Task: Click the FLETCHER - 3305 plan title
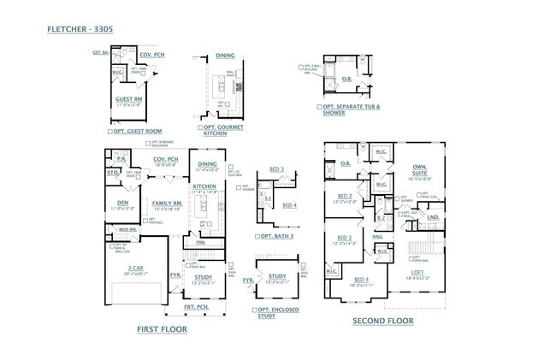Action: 79,29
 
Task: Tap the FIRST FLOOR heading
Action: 162,328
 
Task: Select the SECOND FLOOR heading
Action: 382,321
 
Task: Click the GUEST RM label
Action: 128,98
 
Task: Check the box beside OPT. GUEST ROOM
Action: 112,132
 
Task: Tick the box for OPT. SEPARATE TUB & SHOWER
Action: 319,107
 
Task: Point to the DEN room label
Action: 122,202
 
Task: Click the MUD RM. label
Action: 127,229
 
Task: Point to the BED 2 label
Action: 345,197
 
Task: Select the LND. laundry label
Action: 433,217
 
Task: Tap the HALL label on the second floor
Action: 378,236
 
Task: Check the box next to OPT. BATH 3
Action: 256,236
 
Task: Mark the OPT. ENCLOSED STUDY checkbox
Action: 254,310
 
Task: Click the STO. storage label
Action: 111,172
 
